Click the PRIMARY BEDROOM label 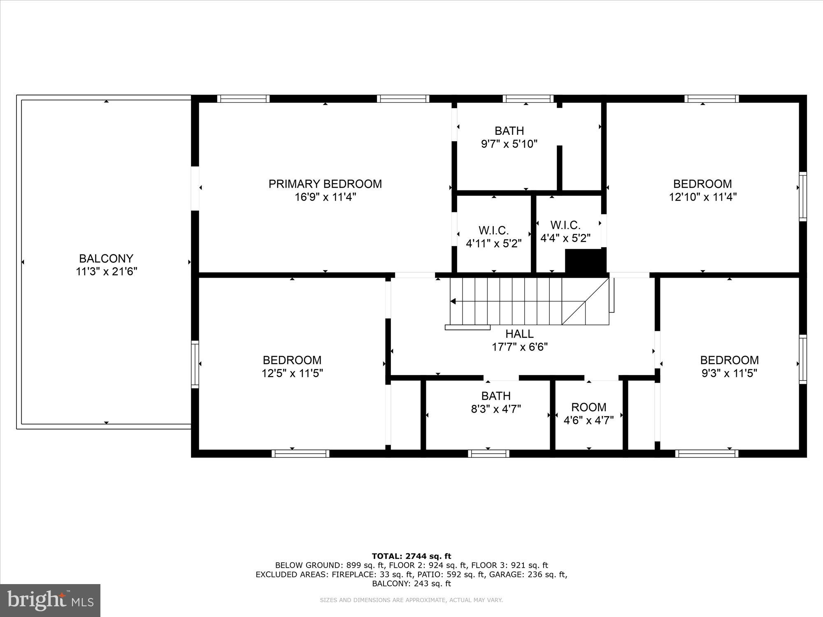tap(325, 184)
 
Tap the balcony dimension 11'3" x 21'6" tap(106, 271)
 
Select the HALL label tap(519, 334)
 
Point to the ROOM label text tap(588, 407)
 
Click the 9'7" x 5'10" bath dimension tap(509, 144)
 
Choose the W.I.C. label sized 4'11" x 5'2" tap(493, 230)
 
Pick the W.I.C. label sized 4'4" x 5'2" tap(565, 225)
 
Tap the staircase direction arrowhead tap(453, 302)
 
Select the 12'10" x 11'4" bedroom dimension tap(702, 197)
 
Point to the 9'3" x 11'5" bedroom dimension tap(729, 373)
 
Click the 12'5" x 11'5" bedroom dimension tap(292, 373)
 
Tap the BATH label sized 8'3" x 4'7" tap(496, 396)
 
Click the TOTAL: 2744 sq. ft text tap(411, 557)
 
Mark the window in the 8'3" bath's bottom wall tap(488, 454)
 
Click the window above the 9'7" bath tap(528, 99)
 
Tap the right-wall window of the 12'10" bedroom tap(802, 197)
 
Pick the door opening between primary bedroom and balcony tap(195, 188)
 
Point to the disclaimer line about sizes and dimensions tap(411, 600)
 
